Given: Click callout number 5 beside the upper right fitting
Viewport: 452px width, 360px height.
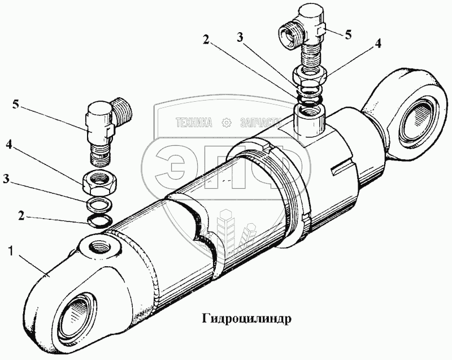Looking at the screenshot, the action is [x=348, y=34].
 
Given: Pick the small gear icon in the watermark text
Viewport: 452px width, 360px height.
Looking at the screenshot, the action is [x=227, y=122].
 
